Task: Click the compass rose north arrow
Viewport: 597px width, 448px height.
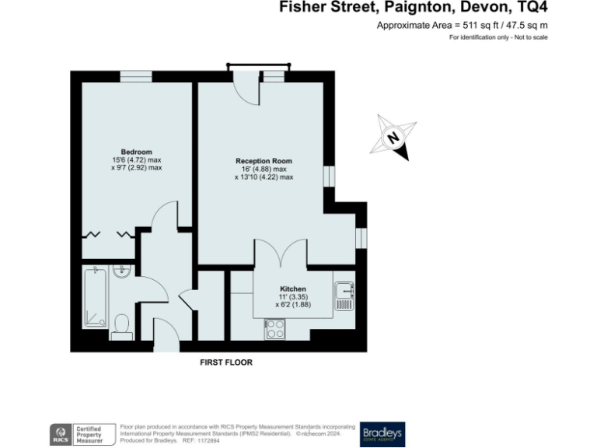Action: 395,138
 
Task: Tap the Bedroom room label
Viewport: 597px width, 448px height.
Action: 136,152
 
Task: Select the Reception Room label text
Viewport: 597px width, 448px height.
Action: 264,161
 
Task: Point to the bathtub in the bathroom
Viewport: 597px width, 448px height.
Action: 95,296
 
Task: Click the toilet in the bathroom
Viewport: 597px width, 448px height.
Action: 121,325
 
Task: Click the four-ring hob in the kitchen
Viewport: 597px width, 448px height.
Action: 275,329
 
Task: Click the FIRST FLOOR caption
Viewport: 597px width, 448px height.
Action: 226,362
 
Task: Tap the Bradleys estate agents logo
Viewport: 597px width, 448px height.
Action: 382,434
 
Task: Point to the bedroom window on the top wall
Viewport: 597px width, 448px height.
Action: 135,75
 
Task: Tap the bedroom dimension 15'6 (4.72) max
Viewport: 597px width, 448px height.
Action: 136,159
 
